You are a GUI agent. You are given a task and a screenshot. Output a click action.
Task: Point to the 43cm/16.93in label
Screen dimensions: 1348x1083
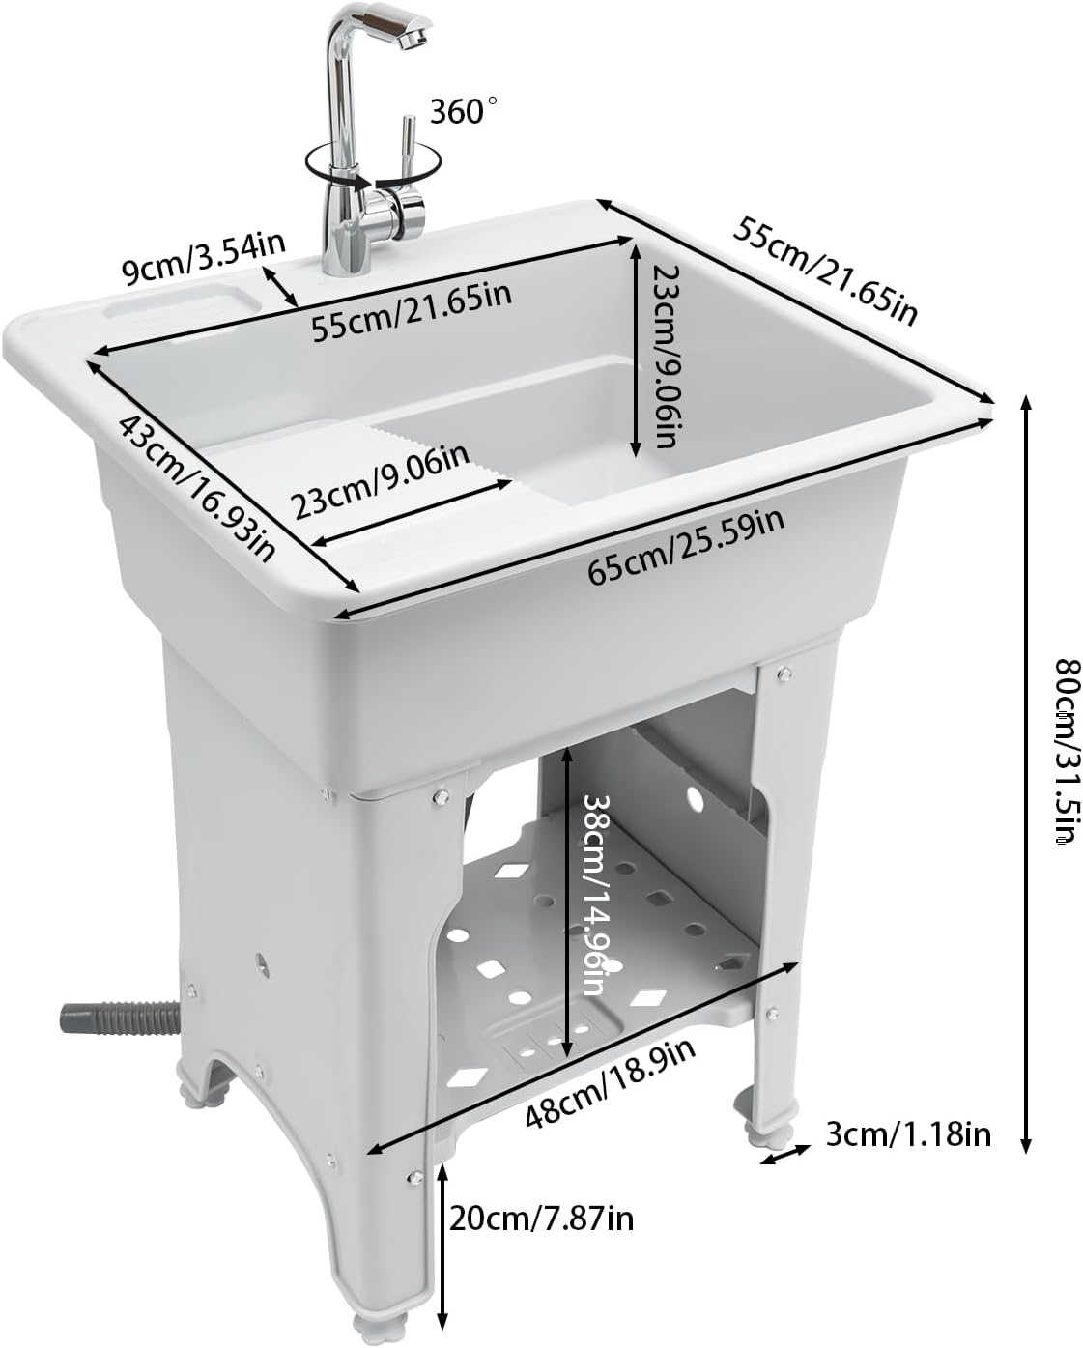(x=198, y=489)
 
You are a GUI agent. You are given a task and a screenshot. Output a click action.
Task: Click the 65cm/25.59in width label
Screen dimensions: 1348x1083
(x=685, y=547)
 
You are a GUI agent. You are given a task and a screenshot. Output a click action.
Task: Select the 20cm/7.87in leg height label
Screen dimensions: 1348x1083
(x=540, y=1218)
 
